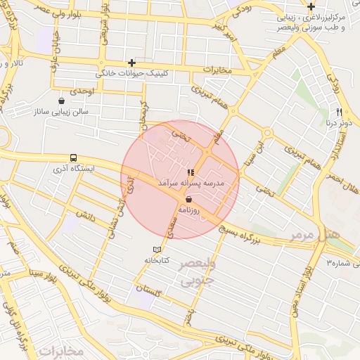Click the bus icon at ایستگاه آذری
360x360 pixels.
pyautogui.click(x=74, y=158)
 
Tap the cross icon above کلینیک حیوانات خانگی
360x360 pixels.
pyautogui.click(x=131, y=63)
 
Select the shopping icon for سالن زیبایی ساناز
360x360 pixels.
pyautogui.click(x=62, y=101)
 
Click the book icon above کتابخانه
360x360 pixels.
pyautogui.click(x=157, y=250)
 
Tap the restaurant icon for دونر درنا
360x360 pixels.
pyautogui.click(x=339, y=112)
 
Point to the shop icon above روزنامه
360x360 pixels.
pyautogui.click(x=189, y=200)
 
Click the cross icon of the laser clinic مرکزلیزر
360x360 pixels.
pyautogui.click(x=311, y=6)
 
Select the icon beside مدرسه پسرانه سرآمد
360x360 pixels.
pyautogui.click(x=189, y=172)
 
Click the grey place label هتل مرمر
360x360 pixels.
pyautogui.click(x=323, y=230)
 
